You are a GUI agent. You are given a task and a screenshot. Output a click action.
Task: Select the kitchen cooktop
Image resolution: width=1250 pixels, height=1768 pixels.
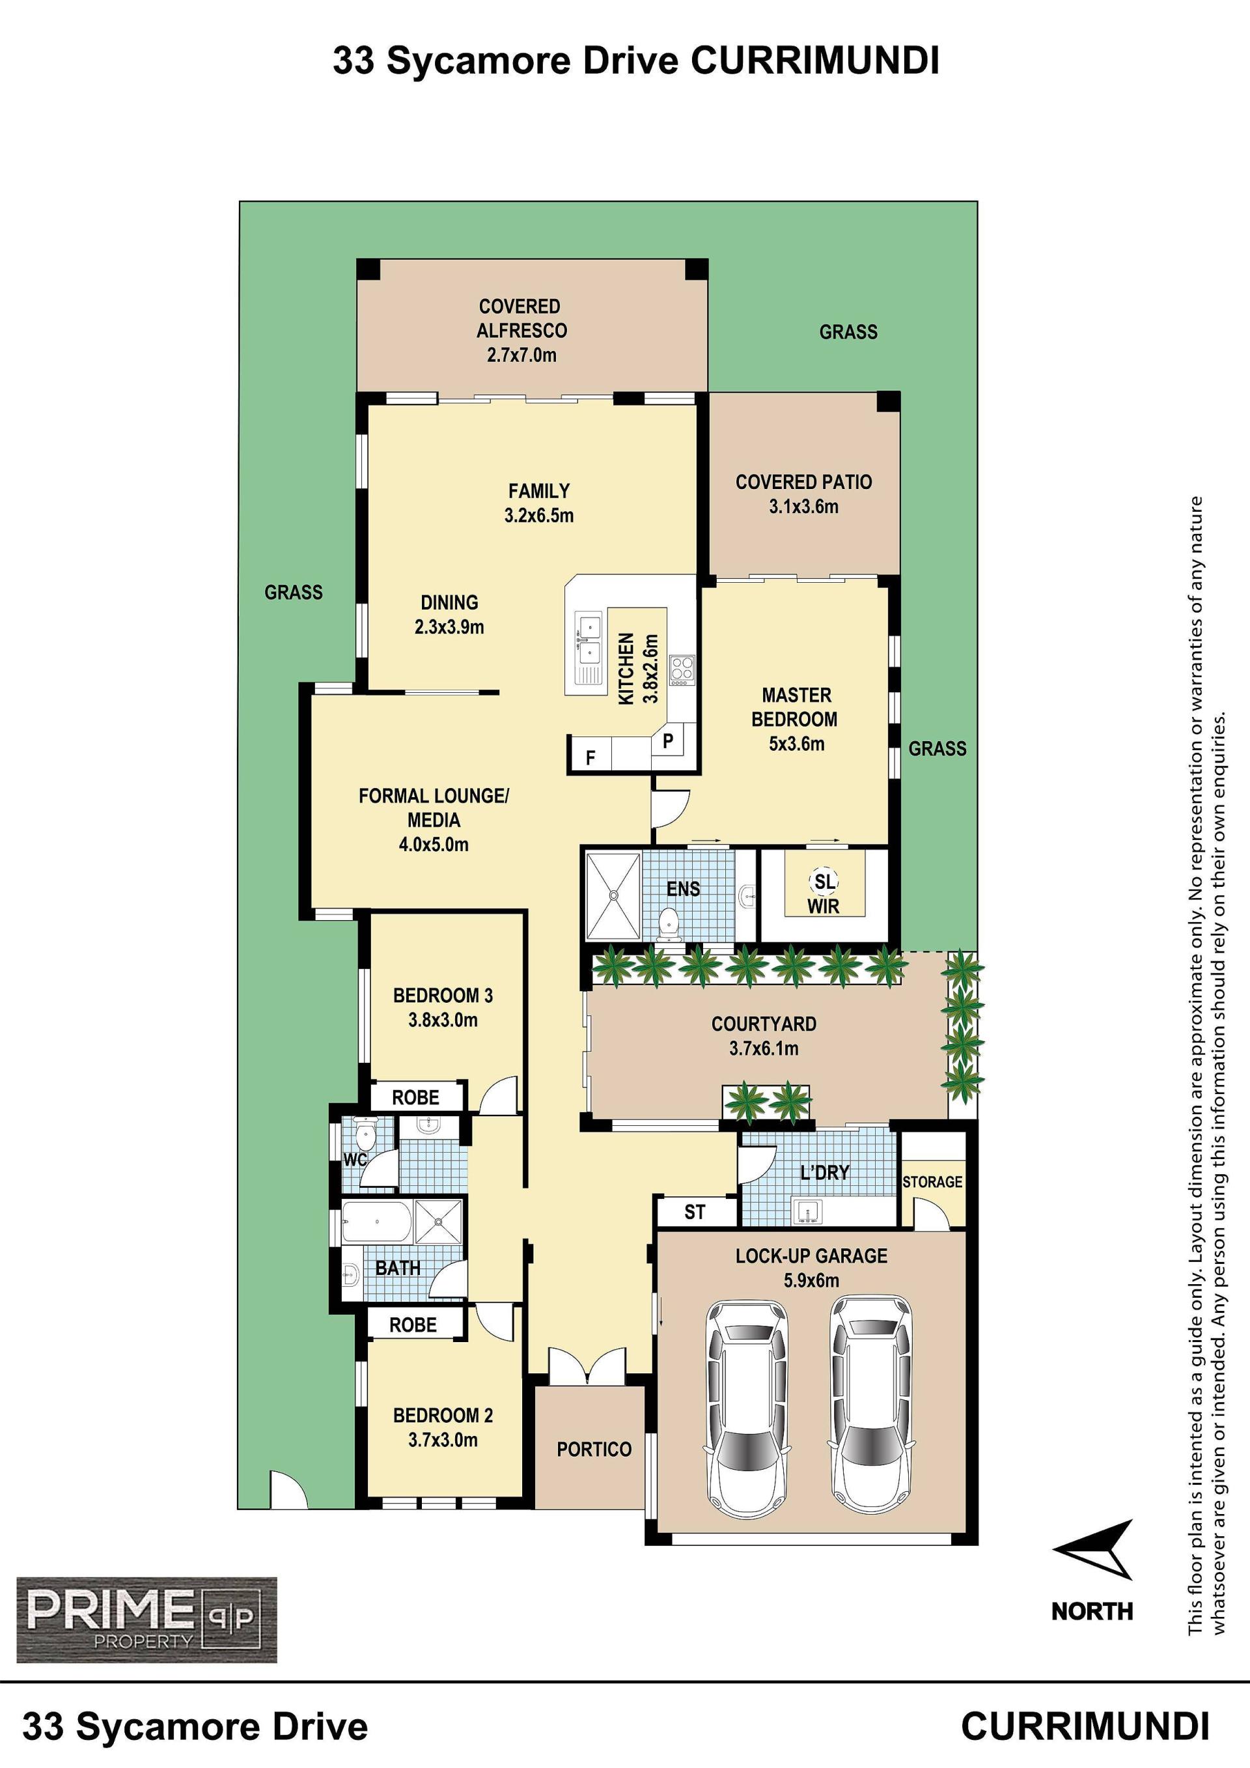[x=682, y=670]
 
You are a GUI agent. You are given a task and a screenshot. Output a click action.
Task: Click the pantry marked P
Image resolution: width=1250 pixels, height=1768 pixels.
[x=668, y=741]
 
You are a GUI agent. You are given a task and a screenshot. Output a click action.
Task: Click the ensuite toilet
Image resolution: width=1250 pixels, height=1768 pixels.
[x=671, y=921]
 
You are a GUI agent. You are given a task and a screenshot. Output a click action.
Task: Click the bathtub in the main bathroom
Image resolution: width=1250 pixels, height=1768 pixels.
[x=376, y=1220]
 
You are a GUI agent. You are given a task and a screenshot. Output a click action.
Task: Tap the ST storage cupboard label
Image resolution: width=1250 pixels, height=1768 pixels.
[x=694, y=1212]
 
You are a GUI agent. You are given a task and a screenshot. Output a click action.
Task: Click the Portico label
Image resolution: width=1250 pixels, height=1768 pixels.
[x=594, y=1449]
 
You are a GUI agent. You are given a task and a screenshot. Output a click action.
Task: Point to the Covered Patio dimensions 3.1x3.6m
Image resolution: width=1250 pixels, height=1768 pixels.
[x=803, y=507]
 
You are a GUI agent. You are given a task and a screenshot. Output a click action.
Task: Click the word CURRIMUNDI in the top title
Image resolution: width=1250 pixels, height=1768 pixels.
[x=814, y=61]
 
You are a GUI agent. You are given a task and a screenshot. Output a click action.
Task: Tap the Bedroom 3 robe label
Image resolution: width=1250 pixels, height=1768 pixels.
[x=415, y=1097]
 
